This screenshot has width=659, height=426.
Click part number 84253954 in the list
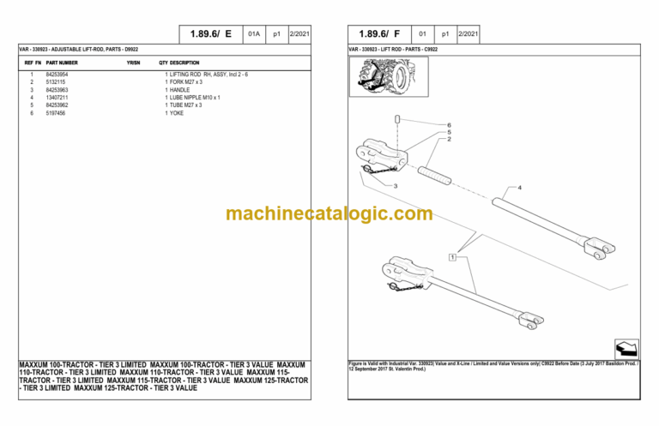(57, 75)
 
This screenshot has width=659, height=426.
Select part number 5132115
(55, 81)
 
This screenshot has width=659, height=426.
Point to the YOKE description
(176, 112)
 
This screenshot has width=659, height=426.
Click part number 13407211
(57, 97)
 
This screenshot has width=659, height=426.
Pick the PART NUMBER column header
(62, 63)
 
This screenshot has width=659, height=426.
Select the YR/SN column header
(133, 63)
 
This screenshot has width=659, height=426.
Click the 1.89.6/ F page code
(378, 34)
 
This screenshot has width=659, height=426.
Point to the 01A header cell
(253, 34)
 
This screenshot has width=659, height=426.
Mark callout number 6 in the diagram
(448, 125)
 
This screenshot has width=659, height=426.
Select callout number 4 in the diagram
(518, 187)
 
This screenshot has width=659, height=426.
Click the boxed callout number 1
(451, 257)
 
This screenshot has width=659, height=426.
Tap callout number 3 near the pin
(396, 185)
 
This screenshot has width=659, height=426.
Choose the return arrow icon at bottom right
(626, 350)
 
